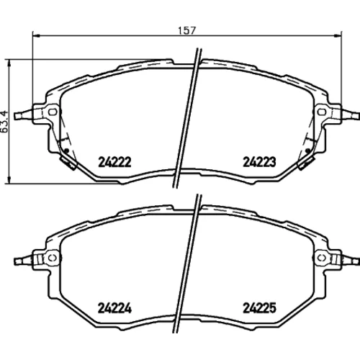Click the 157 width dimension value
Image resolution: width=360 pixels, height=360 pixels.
pyautogui.click(x=187, y=30)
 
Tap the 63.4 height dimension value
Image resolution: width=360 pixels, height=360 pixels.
pyautogui.click(x=4, y=122)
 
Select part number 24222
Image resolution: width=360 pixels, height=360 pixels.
pyautogui.click(x=114, y=162)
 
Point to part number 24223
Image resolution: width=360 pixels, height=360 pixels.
pyautogui.click(x=259, y=162)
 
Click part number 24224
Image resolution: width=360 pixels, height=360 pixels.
pyautogui.click(x=114, y=308)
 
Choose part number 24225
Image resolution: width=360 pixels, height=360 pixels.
pyautogui.click(x=260, y=308)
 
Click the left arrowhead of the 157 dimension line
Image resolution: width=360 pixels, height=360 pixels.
pyautogui.click(x=35, y=36)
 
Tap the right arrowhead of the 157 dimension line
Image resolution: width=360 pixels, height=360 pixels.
pyautogui.click(x=338, y=36)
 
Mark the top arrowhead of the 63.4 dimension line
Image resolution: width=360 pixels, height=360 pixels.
pyautogui.click(x=9, y=63)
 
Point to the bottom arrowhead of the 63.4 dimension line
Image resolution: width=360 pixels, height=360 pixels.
pyautogui.click(x=9, y=181)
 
